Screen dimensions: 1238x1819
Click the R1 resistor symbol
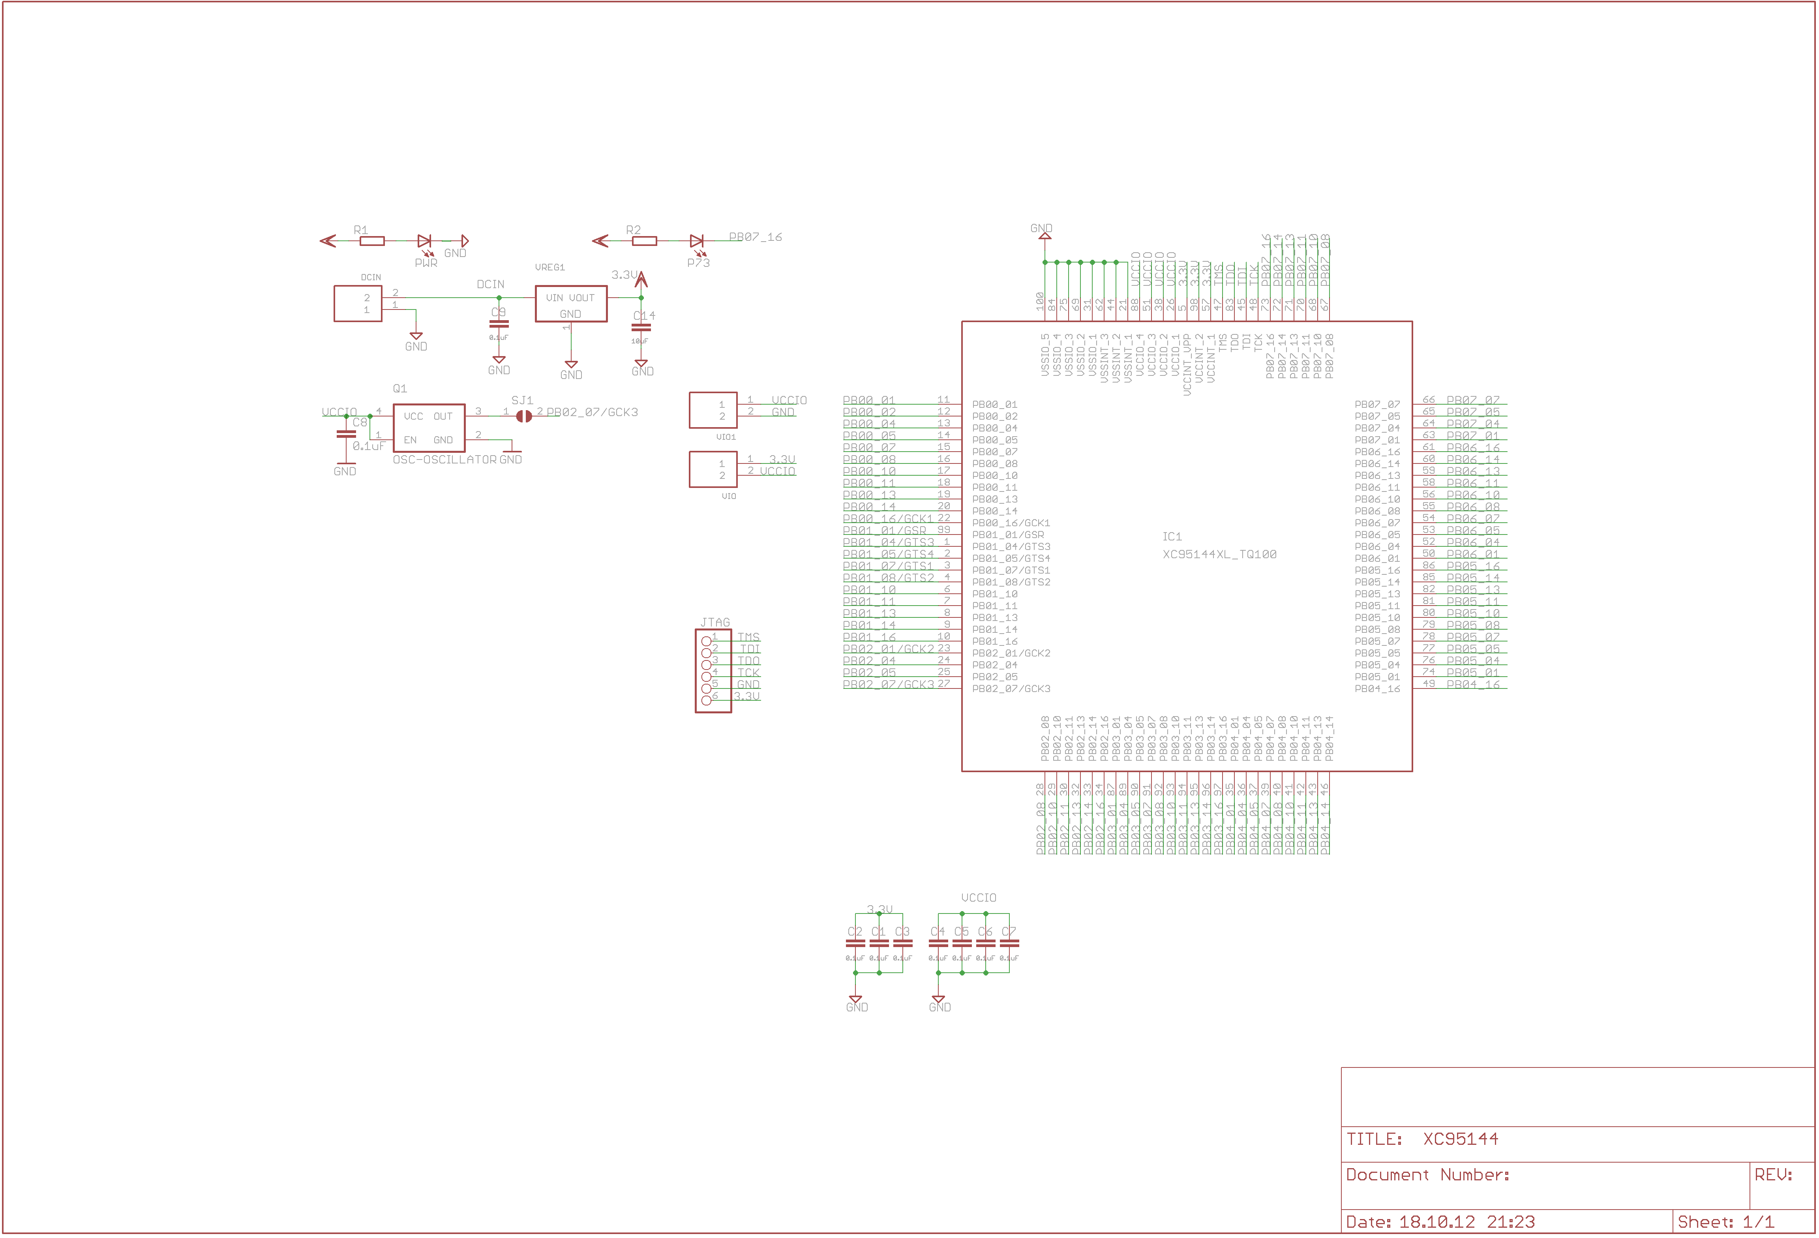(372, 241)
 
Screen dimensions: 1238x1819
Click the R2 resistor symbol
(644, 241)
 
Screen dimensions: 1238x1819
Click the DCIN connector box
(358, 304)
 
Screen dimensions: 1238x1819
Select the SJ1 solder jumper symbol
(523, 416)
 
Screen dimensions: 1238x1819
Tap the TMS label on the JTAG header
(748, 637)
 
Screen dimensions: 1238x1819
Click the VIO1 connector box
(712, 410)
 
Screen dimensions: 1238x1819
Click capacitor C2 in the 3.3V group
(855, 943)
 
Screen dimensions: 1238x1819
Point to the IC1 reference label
(1172, 537)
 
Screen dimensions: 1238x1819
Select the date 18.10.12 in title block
(1436, 1221)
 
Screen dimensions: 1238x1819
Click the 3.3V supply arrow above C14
(641, 279)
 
